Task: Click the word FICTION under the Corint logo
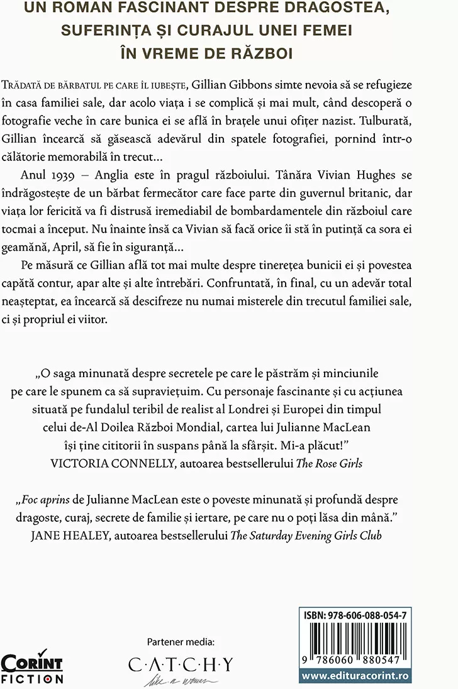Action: (x=32, y=679)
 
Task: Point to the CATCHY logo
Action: (x=181, y=665)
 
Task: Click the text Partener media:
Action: (x=181, y=642)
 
